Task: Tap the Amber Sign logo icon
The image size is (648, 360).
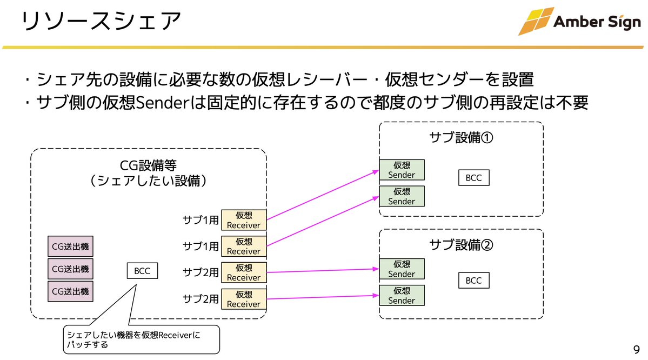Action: click(536, 21)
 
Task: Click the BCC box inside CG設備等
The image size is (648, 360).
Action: click(142, 271)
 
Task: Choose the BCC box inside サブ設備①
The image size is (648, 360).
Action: click(473, 178)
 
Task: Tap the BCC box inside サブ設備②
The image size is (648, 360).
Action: click(473, 281)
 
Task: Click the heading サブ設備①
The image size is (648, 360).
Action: click(462, 137)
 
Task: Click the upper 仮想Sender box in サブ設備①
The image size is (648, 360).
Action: click(402, 170)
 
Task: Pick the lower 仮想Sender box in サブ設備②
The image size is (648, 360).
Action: click(402, 296)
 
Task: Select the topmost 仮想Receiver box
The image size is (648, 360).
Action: click(244, 220)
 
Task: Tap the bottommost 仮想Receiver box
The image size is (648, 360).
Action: click(244, 299)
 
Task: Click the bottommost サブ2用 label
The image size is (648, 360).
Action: click(201, 298)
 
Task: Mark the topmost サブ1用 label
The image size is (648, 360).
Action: click(201, 220)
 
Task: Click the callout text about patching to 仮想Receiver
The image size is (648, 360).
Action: click(132, 339)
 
